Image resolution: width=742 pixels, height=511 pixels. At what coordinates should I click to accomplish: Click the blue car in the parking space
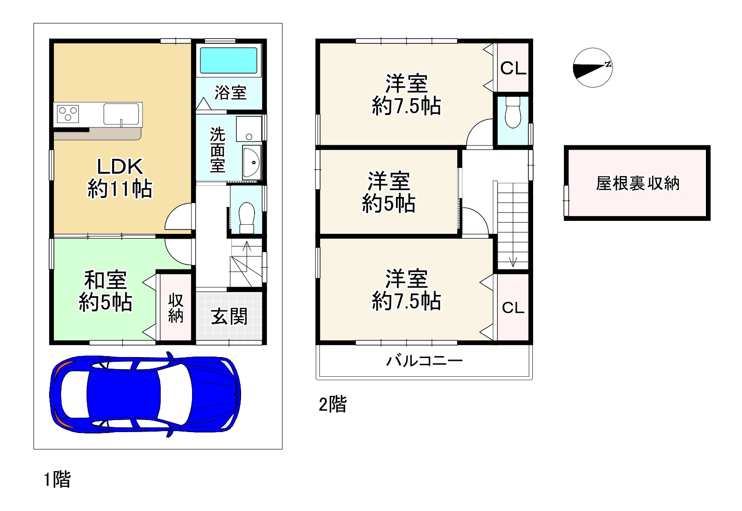[145, 394]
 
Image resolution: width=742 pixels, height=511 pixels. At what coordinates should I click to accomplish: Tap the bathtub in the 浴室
[229, 60]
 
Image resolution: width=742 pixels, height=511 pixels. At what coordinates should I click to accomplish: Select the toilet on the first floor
[246, 218]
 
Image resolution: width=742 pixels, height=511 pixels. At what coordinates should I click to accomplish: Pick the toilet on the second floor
[513, 112]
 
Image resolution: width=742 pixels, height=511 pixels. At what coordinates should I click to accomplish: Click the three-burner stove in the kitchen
[68, 114]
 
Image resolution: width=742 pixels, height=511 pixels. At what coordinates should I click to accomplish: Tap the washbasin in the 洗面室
[252, 163]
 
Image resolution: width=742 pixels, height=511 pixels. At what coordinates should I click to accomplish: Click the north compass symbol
[593, 67]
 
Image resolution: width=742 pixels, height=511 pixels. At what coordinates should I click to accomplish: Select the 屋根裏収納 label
[638, 183]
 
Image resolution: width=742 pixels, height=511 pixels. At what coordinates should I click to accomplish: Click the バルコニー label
[424, 361]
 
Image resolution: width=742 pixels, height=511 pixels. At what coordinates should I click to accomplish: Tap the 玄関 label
[229, 316]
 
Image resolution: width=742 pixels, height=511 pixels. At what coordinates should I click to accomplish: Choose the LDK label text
[120, 166]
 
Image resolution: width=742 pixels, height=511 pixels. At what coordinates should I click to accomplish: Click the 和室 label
[105, 280]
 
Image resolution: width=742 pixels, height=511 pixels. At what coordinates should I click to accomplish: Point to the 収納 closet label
[176, 308]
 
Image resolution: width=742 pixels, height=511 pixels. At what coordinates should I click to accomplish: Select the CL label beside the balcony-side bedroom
[513, 308]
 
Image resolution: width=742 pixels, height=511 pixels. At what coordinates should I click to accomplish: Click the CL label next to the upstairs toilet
[513, 68]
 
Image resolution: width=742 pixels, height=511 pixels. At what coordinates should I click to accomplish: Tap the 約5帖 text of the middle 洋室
[388, 204]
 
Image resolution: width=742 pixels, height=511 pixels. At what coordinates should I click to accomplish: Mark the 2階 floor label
[333, 404]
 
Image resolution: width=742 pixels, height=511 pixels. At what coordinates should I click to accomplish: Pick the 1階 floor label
[57, 479]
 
